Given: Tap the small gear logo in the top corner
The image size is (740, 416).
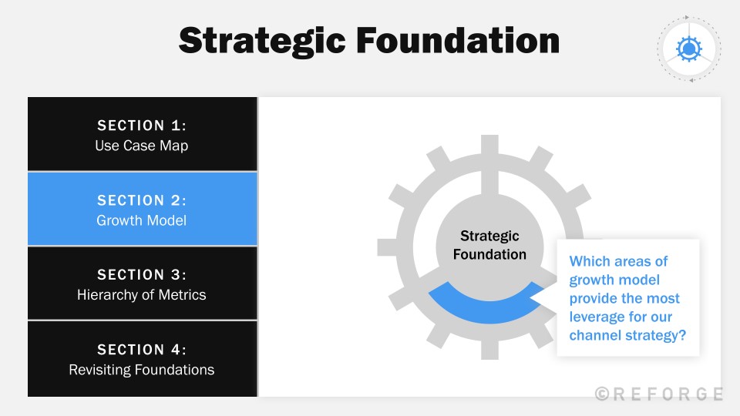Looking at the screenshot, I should coord(688,49).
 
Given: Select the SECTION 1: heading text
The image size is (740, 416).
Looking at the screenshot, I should coord(142,126).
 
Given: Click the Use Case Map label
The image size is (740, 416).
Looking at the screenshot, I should coord(142,145).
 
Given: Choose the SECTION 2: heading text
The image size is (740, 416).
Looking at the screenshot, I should coord(142,200).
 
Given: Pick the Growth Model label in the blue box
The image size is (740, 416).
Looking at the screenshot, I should coord(142,220).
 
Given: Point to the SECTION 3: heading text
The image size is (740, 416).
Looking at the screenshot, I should coord(142,275).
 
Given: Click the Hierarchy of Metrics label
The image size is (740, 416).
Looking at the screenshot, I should coord(142,294).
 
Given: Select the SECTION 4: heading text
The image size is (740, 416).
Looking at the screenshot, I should coord(142,350).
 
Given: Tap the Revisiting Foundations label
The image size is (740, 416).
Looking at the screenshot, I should coord(142,370).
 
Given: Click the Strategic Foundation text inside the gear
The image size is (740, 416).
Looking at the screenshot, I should coord(489,245).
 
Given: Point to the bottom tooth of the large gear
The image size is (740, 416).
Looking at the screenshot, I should coord(489,349).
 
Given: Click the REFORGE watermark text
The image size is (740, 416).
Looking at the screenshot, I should coord(659,394).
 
